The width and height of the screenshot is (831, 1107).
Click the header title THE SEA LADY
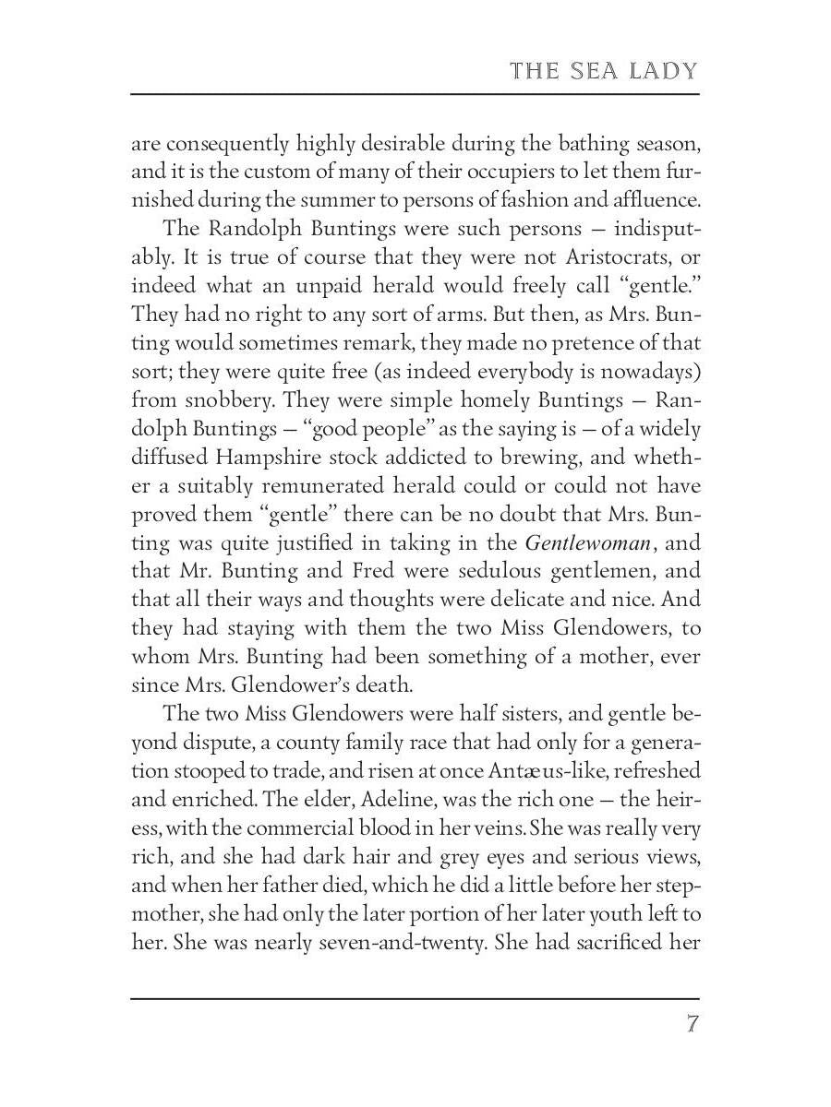[603, 71]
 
